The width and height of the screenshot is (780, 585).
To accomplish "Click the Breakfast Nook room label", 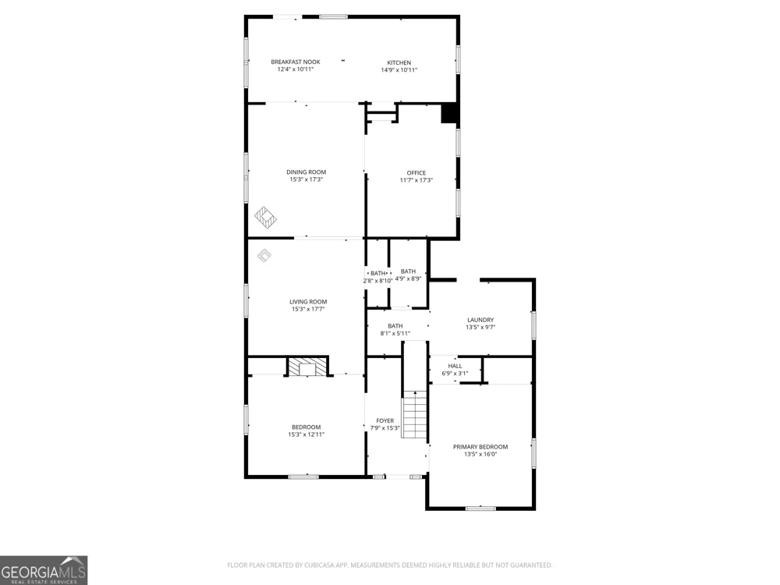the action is [x=296, y=62].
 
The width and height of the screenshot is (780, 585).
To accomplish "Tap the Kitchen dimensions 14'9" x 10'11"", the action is [x=399, y=70].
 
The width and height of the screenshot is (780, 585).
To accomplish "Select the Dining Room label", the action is [x=306, y=172].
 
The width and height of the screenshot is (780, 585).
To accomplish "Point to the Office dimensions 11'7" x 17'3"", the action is [x=417, y=180].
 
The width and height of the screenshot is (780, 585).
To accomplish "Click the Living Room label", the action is [x=308, y=301].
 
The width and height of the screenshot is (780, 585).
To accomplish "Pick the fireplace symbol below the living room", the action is [x=307, y=367].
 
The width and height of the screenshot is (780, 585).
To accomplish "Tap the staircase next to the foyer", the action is [x=414, y=414].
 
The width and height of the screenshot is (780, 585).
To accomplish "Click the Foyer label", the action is [x=385, y=421].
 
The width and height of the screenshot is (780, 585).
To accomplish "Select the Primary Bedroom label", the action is [x=480, y=447].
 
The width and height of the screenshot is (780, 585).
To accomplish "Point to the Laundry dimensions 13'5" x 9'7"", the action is [x=480, y=328].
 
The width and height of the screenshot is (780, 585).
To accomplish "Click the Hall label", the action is [x=455, y=366].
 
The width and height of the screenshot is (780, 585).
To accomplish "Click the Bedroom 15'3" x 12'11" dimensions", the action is [x=307, y=434].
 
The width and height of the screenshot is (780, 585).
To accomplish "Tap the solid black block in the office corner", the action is [x=450, y=113].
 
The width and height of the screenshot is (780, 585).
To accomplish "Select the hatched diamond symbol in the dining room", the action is [x=266, y=217].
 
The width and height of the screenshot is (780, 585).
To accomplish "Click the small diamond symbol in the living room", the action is [x=264, y=256].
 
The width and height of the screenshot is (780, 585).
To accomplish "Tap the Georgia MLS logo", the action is [x=44, y=570].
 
